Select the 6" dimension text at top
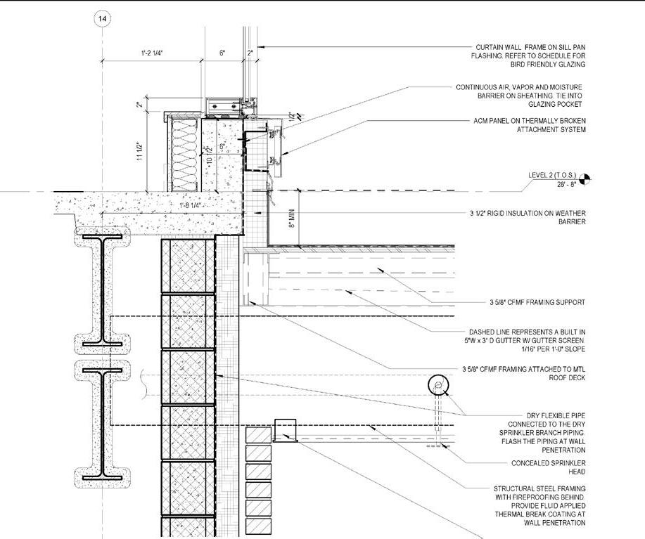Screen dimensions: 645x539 [x=222, y=53]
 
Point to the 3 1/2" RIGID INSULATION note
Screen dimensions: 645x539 [x=528, y=216]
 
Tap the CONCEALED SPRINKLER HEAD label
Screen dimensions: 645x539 [x=549, y=468]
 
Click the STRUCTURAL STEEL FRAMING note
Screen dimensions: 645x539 [x=539, y=505]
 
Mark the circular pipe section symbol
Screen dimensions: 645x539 [x=438, y=385]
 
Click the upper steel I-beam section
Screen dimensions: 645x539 [x=103, y=290]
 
